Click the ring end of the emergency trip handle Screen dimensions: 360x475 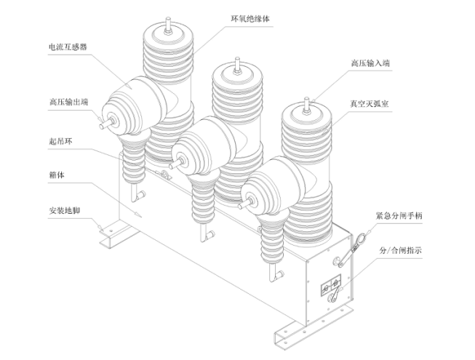pyautogui.click(x=361, y=237)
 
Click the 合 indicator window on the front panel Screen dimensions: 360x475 pyautogui.click(x=335, y=283)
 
